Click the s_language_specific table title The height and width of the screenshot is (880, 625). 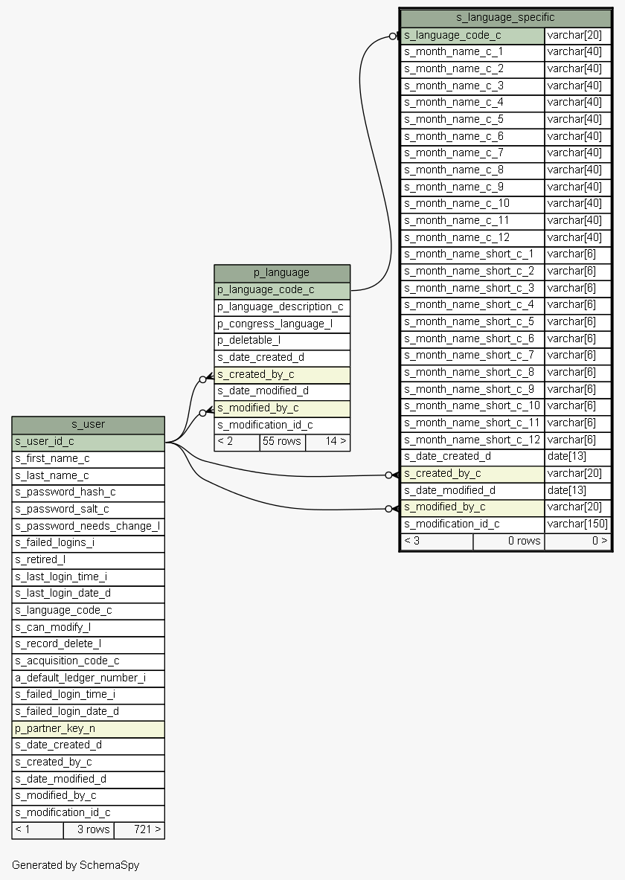[505, 17]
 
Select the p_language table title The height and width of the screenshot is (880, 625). [281, 273]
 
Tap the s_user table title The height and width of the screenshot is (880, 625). [88, 424]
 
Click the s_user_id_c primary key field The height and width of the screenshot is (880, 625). [45, 441]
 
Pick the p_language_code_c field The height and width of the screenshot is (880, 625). [266, 289]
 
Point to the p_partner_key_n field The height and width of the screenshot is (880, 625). [55, 728]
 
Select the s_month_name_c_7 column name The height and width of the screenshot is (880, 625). [454, 152]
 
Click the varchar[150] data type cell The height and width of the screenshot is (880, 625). [577, 524]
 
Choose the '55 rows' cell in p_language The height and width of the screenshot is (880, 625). [282, 441]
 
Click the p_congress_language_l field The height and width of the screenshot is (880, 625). [275, 324]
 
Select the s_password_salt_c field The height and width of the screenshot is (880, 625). [62, 509]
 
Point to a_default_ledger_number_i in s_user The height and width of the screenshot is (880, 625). [80, 678]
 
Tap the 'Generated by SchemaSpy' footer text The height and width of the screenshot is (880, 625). [75, 865]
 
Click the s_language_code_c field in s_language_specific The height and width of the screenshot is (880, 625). [452, 35]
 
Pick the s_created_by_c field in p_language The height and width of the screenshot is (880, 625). [256, 374]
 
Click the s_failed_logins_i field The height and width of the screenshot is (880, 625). [54, 542]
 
